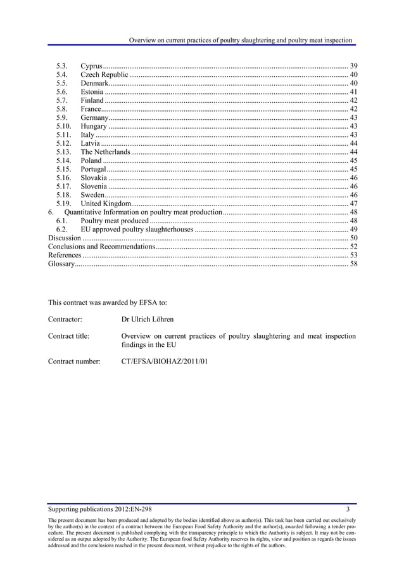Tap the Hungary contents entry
click(x=93, y=126)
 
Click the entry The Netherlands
click(x=105, y=152)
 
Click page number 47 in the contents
click(x=353, y=203)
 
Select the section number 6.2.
click(x=61, y=229)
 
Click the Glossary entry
click(x=61, y=263)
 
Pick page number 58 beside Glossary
click(x=353, y=263)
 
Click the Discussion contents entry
click(x=65, y=237)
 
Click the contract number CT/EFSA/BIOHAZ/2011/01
click(x=164, y=362)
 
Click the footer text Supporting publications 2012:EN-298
click(x=99, y=509)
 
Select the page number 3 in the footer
click(x=348, y=509)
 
